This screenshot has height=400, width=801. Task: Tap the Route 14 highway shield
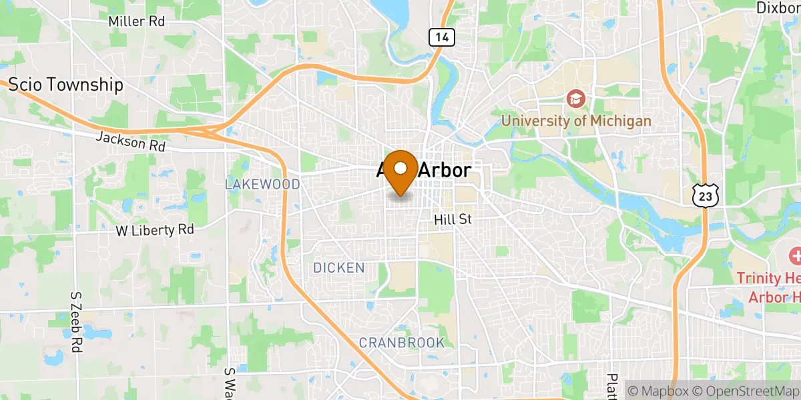(441, 37)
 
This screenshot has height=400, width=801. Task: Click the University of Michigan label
(576, 121)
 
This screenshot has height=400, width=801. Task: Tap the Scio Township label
(65, 85)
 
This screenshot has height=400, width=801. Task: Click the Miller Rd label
(136, 21)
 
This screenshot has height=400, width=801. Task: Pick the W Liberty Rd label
(154, 230)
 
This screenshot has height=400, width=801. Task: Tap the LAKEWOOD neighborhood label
(262, 184)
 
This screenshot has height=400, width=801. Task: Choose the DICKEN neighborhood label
(339, 268)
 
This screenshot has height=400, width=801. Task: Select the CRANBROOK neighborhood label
(402, 343)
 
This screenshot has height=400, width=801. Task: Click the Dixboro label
(778, 7)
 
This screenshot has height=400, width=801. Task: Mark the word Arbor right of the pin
(444, 171)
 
